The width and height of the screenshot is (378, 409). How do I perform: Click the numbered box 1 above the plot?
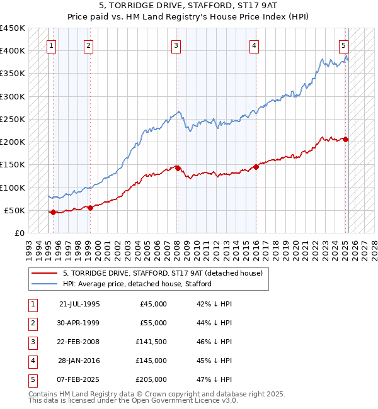point(51,45)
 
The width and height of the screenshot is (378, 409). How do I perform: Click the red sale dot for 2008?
point(178,168)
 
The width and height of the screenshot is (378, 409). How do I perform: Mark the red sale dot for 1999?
point(91,208)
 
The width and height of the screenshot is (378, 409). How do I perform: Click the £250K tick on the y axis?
point(12,119)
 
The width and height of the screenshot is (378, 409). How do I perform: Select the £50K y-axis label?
point(14,210)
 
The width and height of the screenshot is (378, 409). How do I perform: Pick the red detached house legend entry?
point(166,273)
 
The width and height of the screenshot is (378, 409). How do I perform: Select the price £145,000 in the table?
point(151,361)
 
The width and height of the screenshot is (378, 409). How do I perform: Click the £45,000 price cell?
point(153,304)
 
